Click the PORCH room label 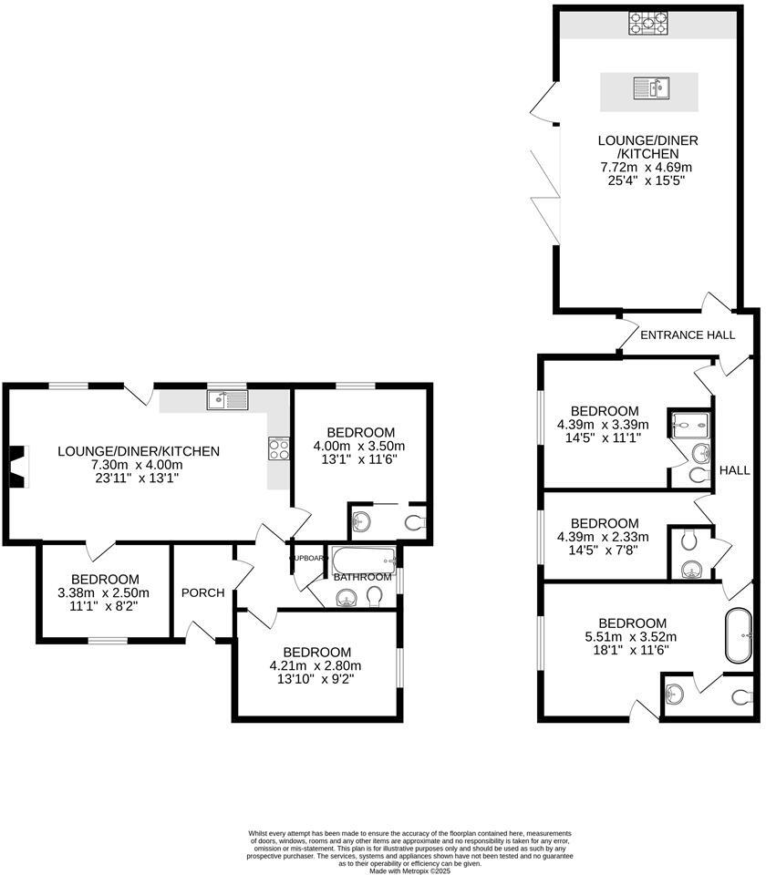coord(202,592)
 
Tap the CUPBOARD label coord(307,557)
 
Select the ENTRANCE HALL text coord(687,335)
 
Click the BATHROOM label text coord(361,577)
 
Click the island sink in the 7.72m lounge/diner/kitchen coord(650,88)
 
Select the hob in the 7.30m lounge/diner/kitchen coord(278,448)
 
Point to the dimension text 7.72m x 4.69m coord(646,168)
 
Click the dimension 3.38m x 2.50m coord(105,592)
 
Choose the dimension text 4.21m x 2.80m coord(316,665)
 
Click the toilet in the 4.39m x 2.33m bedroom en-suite coord(689,540)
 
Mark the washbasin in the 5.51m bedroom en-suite coord(676,694)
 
